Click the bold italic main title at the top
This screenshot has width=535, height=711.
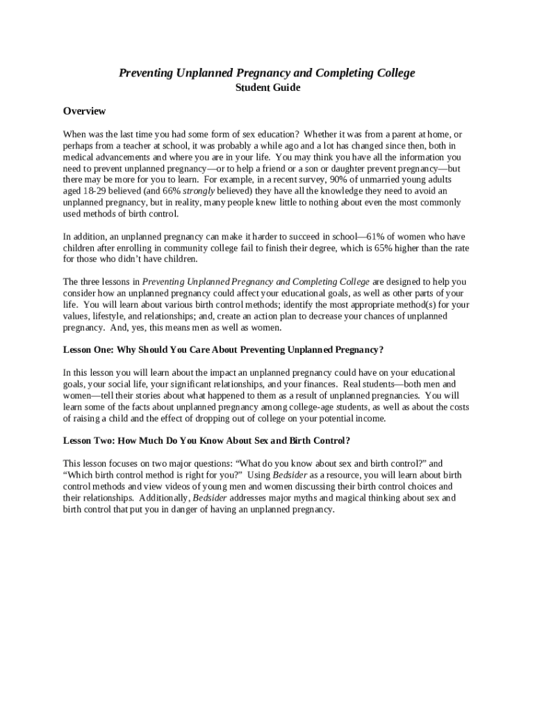267,73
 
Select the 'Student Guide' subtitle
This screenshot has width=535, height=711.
267,88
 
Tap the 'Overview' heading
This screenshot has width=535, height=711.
84,111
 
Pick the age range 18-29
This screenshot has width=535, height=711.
99,191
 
